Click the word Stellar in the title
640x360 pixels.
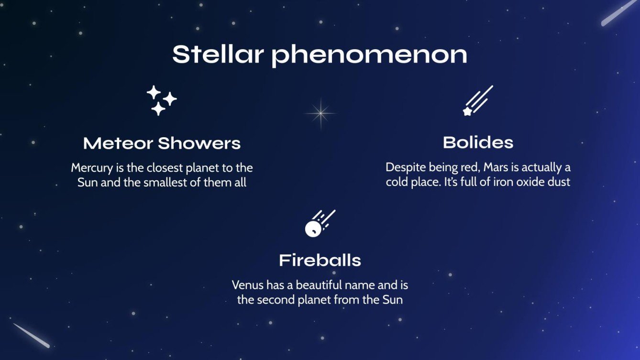[x=218, y=55]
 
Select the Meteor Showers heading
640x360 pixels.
[x=162, y=143]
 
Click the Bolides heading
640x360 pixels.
[x=478, y=142]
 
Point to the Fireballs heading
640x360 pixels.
[x=320, y=261]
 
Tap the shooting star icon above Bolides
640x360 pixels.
[x=477, y=101]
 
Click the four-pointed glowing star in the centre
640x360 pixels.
[x=320, y=113]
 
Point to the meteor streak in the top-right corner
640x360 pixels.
[x=620, y=12]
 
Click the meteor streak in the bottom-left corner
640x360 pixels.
[x=31, y=335]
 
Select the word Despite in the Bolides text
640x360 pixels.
[x=403, y=168]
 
